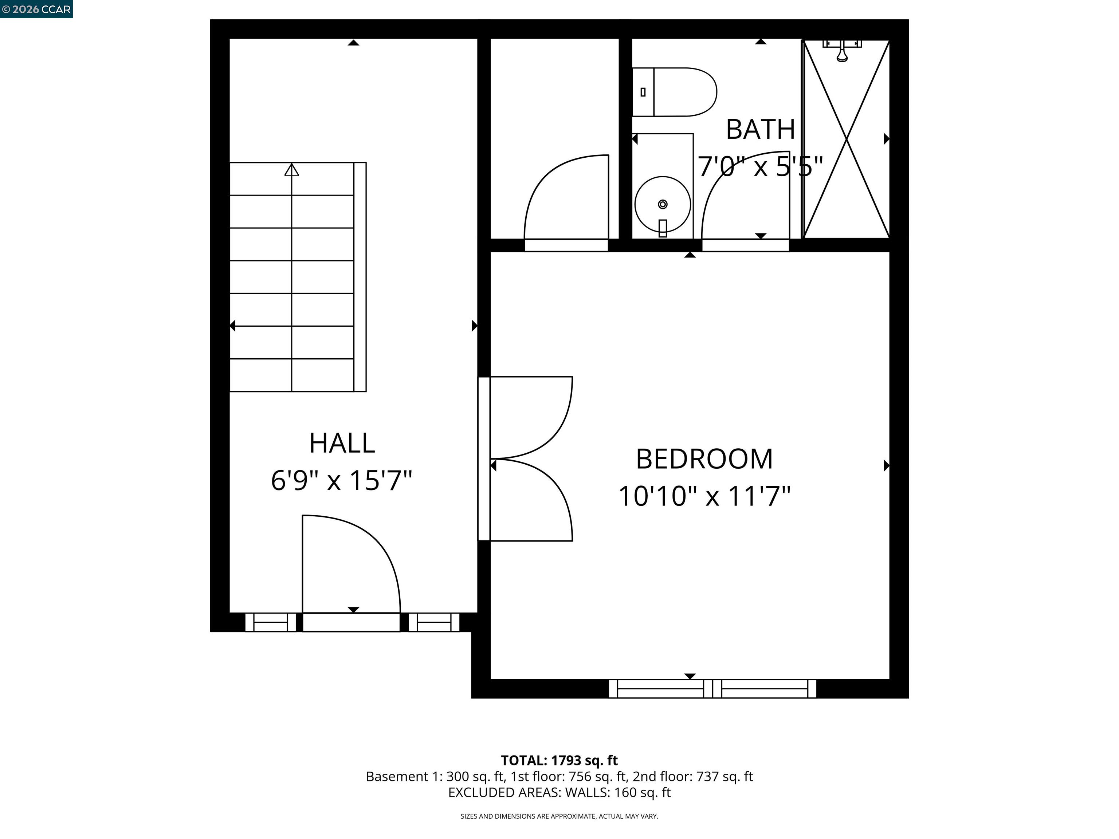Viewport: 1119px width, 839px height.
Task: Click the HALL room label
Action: pos(342,444)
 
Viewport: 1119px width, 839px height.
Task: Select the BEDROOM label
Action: pos(704,459)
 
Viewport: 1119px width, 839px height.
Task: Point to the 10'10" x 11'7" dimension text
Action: pos(704,496)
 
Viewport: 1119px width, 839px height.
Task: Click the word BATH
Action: pos(760,130)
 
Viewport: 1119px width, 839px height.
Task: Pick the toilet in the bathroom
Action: pos(674,92)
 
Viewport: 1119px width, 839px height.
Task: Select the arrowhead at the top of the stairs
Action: pos(291,170)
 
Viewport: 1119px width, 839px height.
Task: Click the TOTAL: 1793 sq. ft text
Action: pos(559,760)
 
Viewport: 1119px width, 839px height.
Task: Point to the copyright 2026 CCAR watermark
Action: pos(36,9)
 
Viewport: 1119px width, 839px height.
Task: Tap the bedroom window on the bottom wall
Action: pos(712,689)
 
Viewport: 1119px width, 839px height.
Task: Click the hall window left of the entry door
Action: pos(271,622)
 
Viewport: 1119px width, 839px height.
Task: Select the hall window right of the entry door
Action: pos(434,622)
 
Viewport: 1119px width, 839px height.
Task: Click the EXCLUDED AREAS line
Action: pos(559,792)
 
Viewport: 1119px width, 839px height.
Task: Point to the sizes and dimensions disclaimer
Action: pos(559,816)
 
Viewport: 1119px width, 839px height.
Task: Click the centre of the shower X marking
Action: pos(846,139)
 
